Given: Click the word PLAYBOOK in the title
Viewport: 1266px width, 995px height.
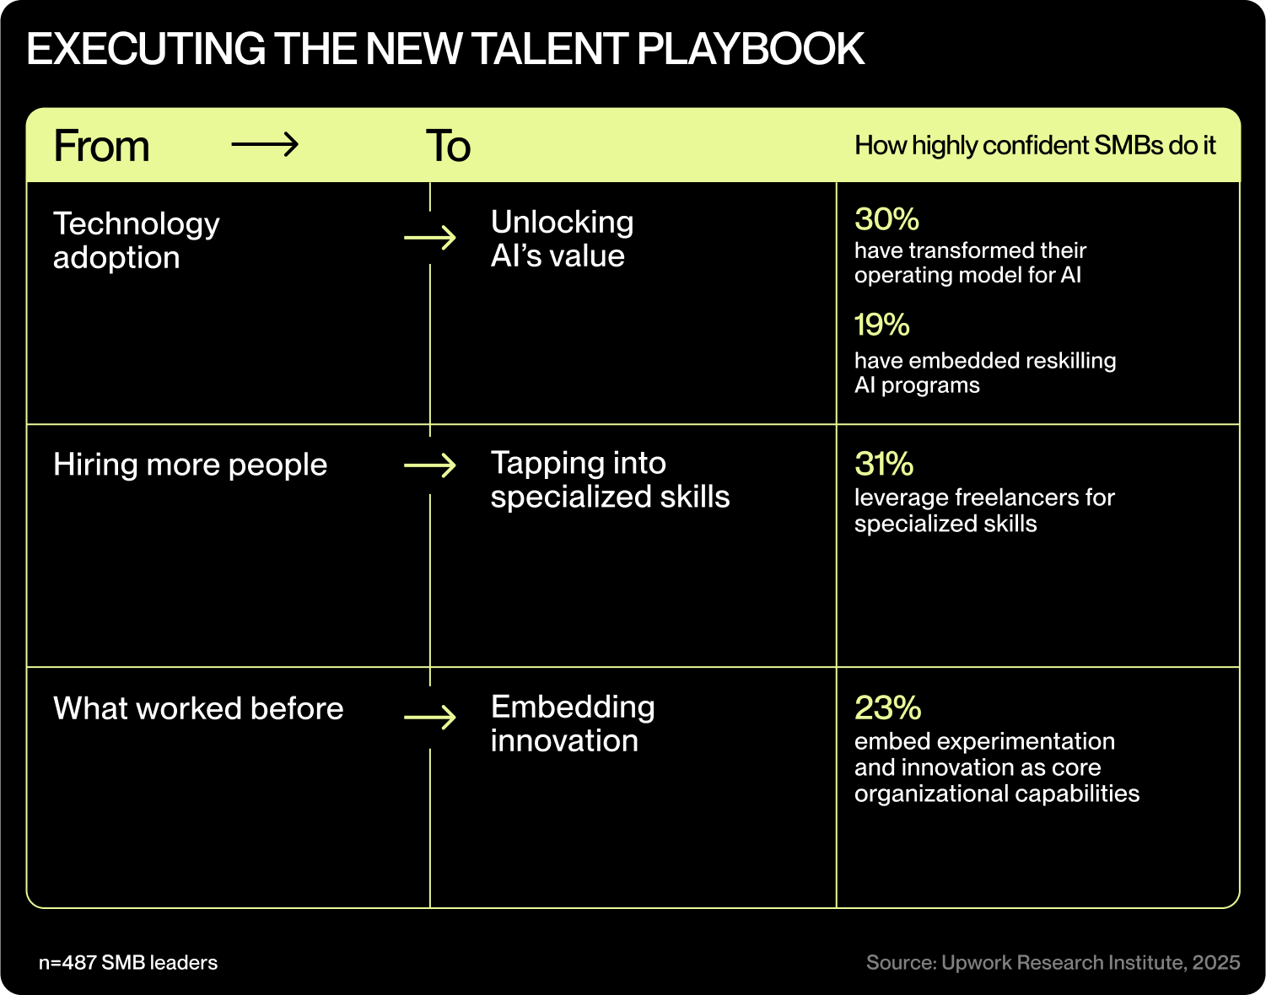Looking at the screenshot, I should click(x=751, y=49).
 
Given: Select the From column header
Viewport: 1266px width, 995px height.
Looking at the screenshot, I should click(x=101, y=146).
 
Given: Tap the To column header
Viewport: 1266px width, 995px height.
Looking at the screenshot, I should click(x=448, y=146).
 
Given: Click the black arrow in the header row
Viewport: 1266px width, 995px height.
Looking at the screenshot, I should click(x=265, y=145).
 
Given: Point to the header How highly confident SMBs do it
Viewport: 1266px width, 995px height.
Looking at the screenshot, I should click(x=1035, y=146).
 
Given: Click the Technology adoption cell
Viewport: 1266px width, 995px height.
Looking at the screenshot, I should click(x=136, y=240).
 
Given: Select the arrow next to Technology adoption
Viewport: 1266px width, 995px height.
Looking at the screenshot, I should click(x=430, y=239).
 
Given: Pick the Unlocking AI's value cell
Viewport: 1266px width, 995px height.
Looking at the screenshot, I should click(x=562, y=239).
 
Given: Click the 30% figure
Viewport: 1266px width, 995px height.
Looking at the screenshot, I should click(x=886, y=219).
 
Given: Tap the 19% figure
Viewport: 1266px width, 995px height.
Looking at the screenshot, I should click(x=881, y=325).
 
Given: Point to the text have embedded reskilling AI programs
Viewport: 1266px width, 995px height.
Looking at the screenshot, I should click(x=984, y=373).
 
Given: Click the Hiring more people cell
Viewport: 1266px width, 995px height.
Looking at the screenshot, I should click(x=190, y=465).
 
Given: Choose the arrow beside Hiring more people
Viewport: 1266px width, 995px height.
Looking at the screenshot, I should click(x=430, y=465).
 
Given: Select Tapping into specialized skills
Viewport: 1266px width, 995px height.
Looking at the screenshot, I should click(x=610, y=480).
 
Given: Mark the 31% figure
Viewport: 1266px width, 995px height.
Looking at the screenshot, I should click(x=884, y=464).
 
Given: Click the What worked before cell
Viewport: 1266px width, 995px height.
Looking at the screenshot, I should click(x=198, y=708).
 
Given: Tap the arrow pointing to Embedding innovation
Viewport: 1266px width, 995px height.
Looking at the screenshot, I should click(x=430, y=718).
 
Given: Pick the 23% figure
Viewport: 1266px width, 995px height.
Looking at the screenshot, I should click(x=887, y=707).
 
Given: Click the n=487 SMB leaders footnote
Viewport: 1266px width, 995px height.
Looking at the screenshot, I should click(x=128, y=963).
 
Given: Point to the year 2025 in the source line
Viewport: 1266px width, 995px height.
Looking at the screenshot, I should click(x=1215, y=963).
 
